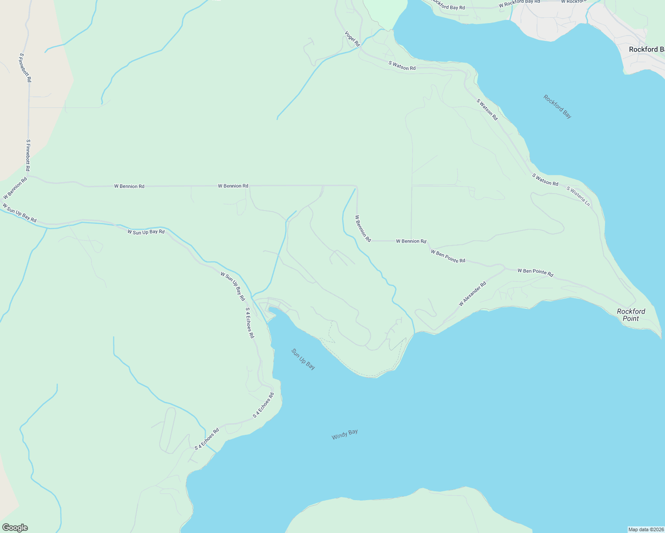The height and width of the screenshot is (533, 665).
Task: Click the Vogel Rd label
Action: click(352, 39)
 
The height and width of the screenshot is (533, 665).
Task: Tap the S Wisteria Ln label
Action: click(578, 196)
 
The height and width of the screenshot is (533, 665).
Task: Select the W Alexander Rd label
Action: click(473, 294)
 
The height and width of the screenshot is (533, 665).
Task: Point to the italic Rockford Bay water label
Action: click(557, 107)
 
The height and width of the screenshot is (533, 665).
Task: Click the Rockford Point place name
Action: click(631, 315)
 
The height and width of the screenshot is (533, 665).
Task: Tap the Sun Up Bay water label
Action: click(304, 359)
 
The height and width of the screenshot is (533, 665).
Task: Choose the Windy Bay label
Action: click(345, 434)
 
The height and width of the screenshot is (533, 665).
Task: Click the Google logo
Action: click(15, 528)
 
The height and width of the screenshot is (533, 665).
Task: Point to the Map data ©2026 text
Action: click(645, 529)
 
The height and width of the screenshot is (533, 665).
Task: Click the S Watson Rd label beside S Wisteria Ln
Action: click(545, 179)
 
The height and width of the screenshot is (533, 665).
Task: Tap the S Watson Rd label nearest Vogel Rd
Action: click(402, 66)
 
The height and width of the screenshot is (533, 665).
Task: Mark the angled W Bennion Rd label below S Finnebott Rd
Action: click(15, 188)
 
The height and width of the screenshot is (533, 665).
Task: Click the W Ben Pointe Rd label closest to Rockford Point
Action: click(535, 273)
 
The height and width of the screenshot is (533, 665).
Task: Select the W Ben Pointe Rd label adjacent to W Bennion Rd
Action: click(448, 256)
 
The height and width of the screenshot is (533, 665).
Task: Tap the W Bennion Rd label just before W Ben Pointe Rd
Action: click(411, 241)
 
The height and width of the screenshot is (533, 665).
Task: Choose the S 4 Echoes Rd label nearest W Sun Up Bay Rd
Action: click(250, 323)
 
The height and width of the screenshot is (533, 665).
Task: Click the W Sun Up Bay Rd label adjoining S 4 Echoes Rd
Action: click(233, 286)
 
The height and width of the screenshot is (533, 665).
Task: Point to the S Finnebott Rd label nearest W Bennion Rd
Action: click(28, 155)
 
